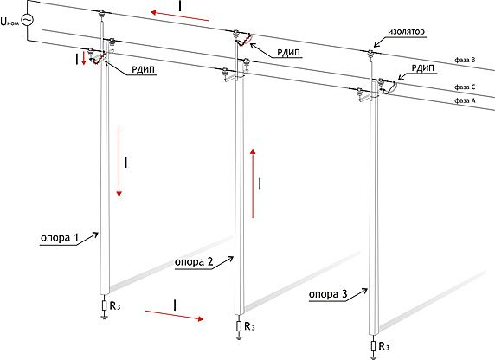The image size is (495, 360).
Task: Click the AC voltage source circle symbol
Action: tap(28, 20)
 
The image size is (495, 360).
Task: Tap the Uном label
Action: tap(10, 22)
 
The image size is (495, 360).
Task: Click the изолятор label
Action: tap(406, 31)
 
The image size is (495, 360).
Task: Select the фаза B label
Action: tap(465, 60)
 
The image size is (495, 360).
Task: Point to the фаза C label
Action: tap(465, 87)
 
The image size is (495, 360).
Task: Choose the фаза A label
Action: tap(465, 100)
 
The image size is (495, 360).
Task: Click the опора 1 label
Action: tap(60, 238)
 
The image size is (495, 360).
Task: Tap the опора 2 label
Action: tap(194, 262)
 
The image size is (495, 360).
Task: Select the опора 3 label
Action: tap(328, 294)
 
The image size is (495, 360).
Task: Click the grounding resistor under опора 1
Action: tap(105, 305)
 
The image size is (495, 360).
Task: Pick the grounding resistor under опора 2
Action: tap(239, 326)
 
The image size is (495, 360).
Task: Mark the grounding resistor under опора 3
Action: tap(374, 346)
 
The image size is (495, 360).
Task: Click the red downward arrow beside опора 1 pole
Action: tap(119, 162)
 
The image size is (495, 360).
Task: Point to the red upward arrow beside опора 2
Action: tap(253, 183)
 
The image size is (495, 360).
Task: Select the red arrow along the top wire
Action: tap(179, 16)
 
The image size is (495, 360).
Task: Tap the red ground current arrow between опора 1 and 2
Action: tap(174, 316)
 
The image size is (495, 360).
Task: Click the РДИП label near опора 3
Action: tap(423, 68)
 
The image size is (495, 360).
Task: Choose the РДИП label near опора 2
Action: tap(288, 53)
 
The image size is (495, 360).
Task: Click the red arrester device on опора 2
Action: tap(245, 39)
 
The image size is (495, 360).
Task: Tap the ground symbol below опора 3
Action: tap(374, 357)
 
